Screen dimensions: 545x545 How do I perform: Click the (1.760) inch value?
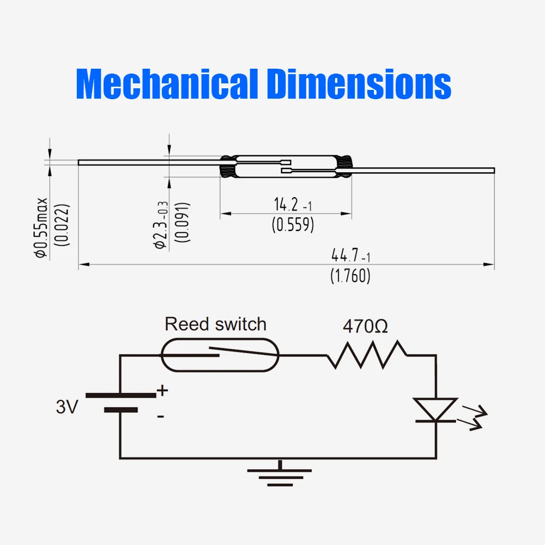[350, 276]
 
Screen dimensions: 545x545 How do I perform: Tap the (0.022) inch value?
[64, 225]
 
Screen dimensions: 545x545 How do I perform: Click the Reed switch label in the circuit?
[216, 324]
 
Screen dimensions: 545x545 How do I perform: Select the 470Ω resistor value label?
[365, 326]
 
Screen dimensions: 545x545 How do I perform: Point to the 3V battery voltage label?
[67, 407]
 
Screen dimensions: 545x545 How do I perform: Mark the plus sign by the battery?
[162, 390]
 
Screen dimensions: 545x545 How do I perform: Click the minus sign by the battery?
[160, 416]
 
